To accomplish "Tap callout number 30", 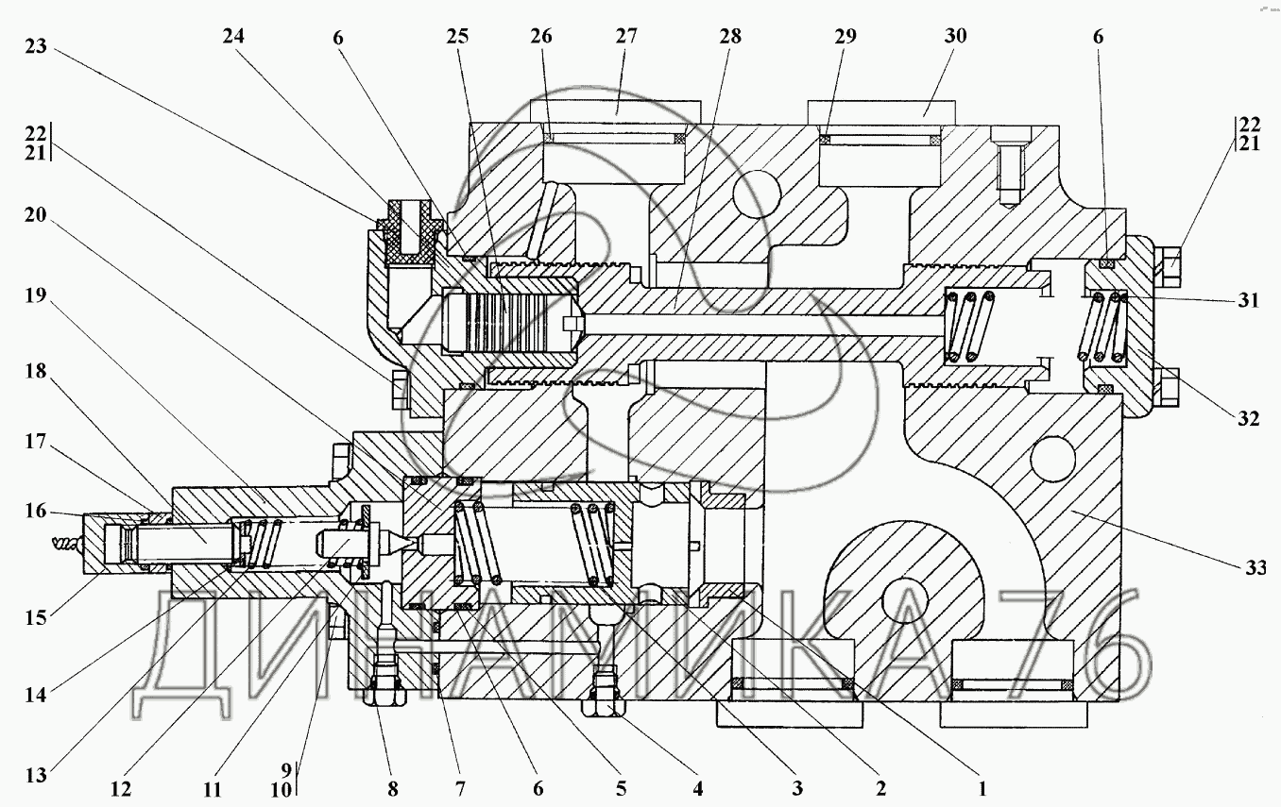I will coord(955,37).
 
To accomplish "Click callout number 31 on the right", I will coord(1249,301).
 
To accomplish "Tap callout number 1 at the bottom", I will coord(982,786).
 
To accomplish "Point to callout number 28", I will coord(729,37).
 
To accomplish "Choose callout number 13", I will coord(35,778).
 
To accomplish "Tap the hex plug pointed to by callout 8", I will coord(384,696).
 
